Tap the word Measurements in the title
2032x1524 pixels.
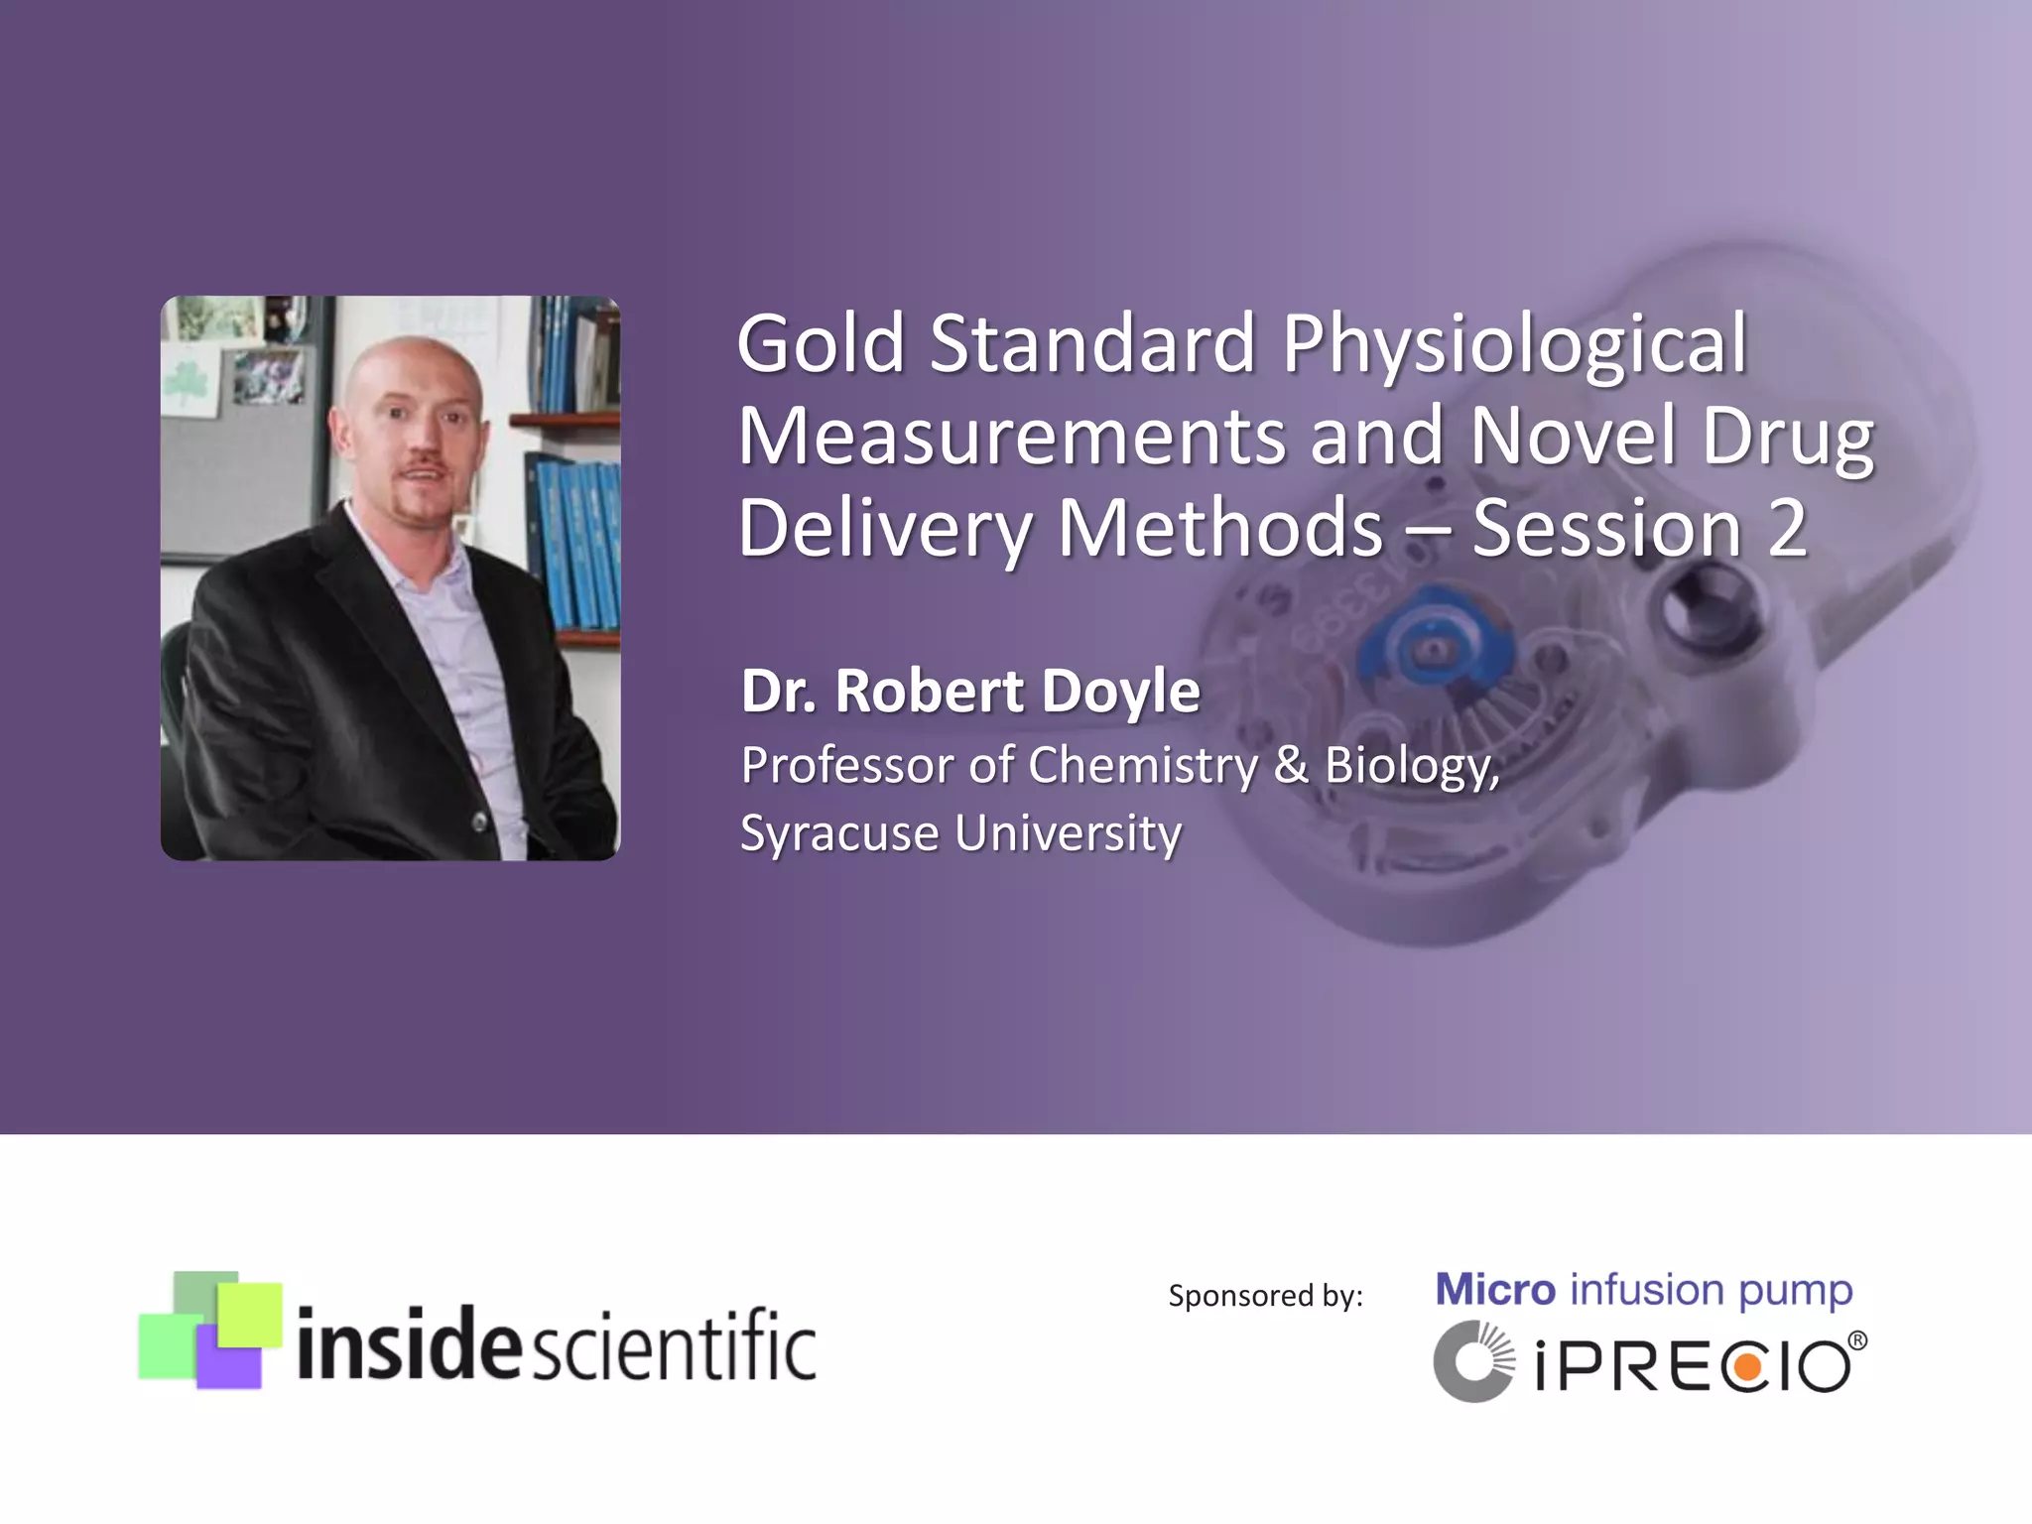point(1011,436)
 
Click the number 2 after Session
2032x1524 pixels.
point(1787,529)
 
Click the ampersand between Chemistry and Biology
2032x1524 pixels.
point(1291,765)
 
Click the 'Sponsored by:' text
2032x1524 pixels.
point(1265,1296)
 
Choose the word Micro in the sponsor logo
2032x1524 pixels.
point(1495,1290)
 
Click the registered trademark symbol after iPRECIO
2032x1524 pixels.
point(1856,1341)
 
